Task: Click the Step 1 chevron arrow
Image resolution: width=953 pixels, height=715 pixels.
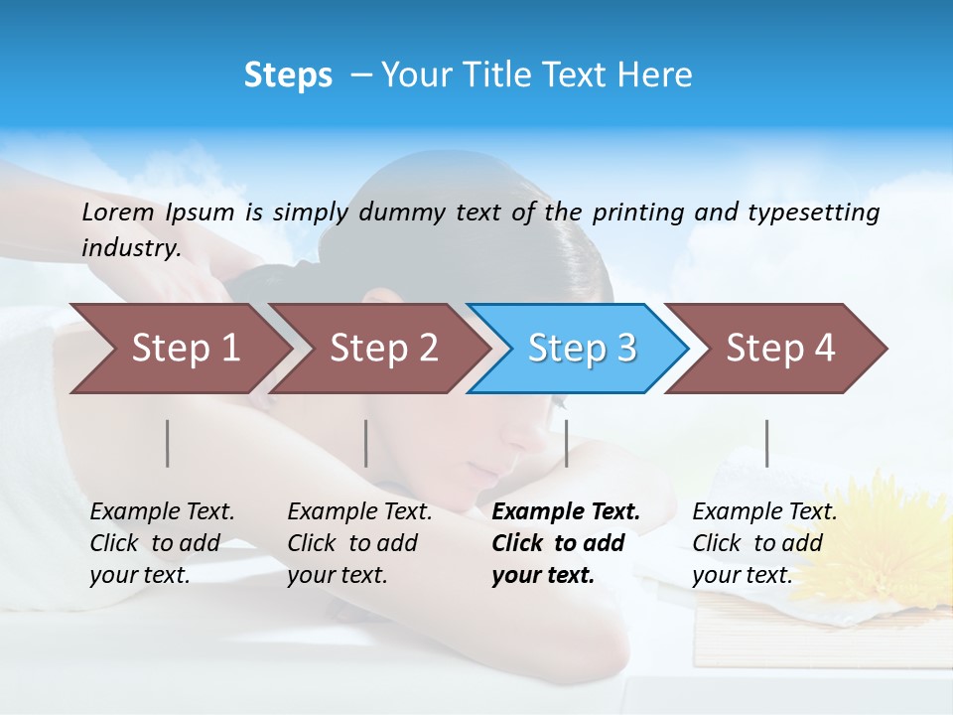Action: click(179, 349)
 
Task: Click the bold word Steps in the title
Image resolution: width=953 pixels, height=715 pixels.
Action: click(288, 75)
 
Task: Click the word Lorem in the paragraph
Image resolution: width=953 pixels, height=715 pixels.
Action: click(118, 213)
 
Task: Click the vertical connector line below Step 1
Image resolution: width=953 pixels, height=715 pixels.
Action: click(168, 443)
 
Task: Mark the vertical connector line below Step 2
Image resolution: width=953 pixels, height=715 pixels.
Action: click(366, 443)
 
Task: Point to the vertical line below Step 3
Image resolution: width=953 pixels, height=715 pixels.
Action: click(566, 443)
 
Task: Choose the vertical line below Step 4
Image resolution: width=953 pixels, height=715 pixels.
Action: click(766, 443)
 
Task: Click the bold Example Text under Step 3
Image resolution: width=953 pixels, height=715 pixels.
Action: click(566, 512)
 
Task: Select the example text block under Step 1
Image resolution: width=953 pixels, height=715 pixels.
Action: click(162, 543)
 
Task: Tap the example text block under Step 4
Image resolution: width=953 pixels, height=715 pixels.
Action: click(764, 543)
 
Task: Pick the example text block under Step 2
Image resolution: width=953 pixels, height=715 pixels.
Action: click(359, 543)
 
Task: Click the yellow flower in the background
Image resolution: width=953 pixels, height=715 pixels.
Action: click(888, 536)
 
